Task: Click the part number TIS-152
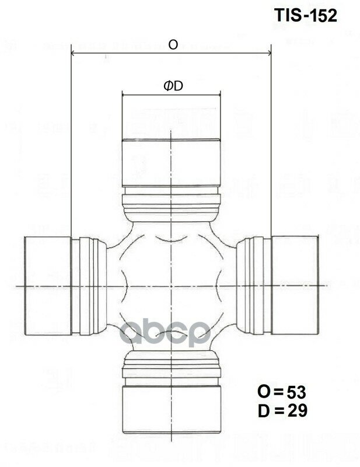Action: pos(306,16)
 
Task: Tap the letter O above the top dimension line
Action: pos(173,44)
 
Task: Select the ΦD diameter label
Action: pos(173,86)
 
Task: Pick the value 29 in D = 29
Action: pos(296,411)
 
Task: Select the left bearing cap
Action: pos(47,286)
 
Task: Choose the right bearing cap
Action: pos(295,286)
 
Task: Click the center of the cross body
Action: pos(170,286)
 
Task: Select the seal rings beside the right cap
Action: pos(254,286)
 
